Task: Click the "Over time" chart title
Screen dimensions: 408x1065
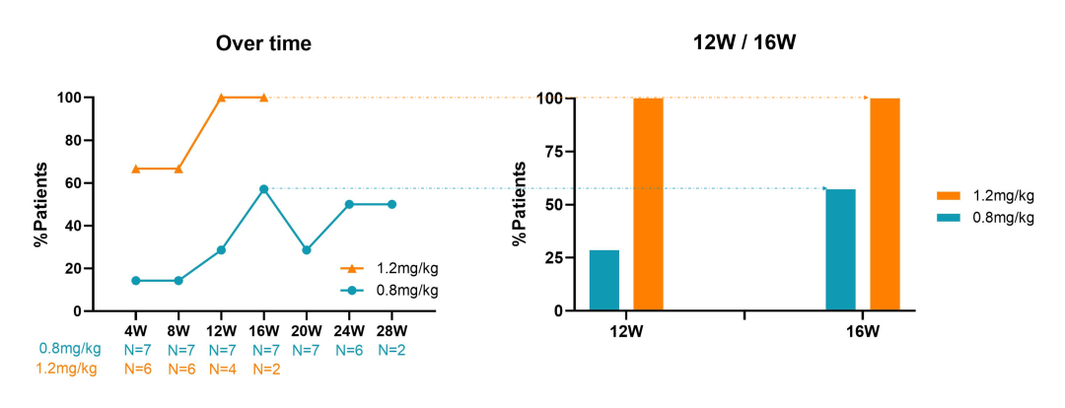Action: click(263, 43)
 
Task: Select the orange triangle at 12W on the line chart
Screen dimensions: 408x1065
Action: click(222, 98)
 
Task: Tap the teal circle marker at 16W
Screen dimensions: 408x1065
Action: click(264, 189)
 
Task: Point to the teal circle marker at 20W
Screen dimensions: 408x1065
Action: click(307, 250)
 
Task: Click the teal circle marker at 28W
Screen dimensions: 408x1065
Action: click(392, 204)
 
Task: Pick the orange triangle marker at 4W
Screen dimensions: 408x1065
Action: click(136, 169)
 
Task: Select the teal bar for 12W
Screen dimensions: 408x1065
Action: click(604, 280)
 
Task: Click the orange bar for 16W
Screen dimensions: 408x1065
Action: click(885, 204)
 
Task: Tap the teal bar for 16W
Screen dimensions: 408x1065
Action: click(840, 249)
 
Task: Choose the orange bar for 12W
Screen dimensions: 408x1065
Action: click(648, 204)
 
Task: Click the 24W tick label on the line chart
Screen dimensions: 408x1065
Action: click(350, 329)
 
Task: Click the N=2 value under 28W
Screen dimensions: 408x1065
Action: click(392, 349)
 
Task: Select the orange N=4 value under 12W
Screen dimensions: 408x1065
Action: click(222, 369)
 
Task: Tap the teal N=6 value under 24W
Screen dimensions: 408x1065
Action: click(350, 349)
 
